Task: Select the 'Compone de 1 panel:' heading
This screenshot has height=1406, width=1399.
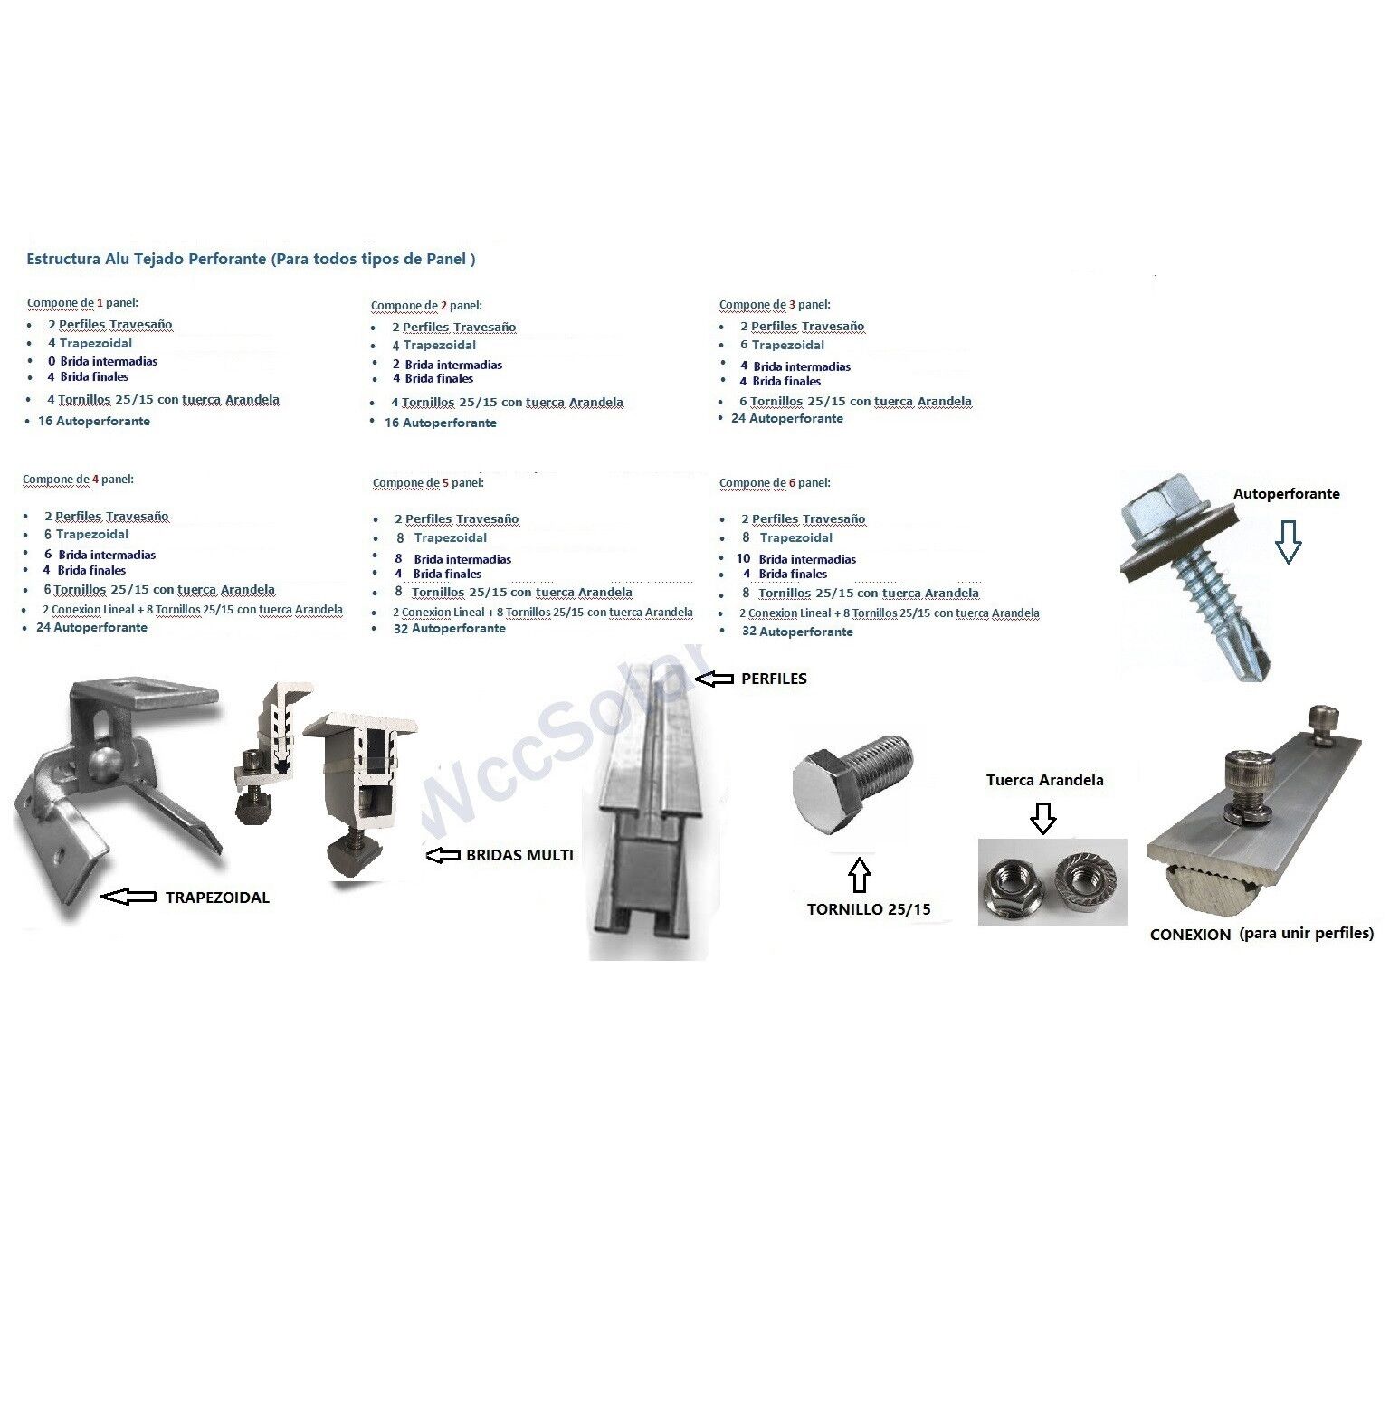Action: click(82, 303)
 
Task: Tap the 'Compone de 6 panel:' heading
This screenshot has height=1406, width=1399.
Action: click(775, 483)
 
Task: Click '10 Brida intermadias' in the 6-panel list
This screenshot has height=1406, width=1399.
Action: click(796, 559)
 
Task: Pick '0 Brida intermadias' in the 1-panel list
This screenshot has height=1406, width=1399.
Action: click(102, 361)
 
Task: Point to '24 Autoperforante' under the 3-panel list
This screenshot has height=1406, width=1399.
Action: click(787, 418)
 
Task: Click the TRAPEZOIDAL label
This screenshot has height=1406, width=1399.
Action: click(217, 898)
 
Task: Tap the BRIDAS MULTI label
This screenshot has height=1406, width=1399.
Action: click(519, 854)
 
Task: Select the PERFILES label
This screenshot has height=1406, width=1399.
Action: click(774, 679)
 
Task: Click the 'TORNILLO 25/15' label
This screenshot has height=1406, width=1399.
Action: click(869, 909)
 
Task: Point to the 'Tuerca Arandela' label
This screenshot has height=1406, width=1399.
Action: click(1045, 780)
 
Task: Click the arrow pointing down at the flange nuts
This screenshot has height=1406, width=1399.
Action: click(1043, 818)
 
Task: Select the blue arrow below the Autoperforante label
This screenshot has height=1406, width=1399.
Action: click(1288, 543)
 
